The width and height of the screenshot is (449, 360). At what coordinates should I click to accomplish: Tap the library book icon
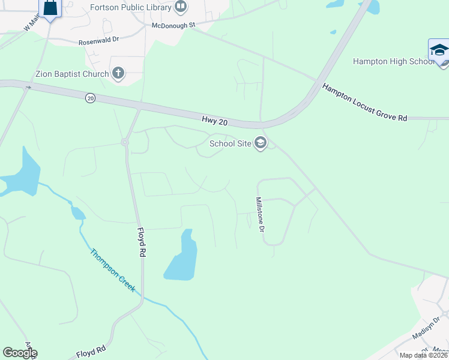(181, 7)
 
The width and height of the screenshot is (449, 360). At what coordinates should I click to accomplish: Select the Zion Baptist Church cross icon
(118, 74)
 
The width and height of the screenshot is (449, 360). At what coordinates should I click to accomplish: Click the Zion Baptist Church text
(72, 74)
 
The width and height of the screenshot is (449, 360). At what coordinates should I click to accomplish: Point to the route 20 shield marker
(90, 98)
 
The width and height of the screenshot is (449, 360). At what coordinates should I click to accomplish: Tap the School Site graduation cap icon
(261, 143)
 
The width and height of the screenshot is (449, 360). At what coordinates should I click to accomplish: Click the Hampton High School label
(393, 61)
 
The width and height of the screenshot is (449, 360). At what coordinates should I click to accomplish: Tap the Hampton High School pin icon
(439, 50)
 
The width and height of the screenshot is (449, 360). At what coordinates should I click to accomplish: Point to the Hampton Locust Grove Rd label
(364, 103)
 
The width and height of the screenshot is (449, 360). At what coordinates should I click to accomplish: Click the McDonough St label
(173, 25)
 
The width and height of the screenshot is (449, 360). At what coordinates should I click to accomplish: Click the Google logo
(20, 353)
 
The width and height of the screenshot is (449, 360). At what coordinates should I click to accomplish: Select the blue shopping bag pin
(50, 8)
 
